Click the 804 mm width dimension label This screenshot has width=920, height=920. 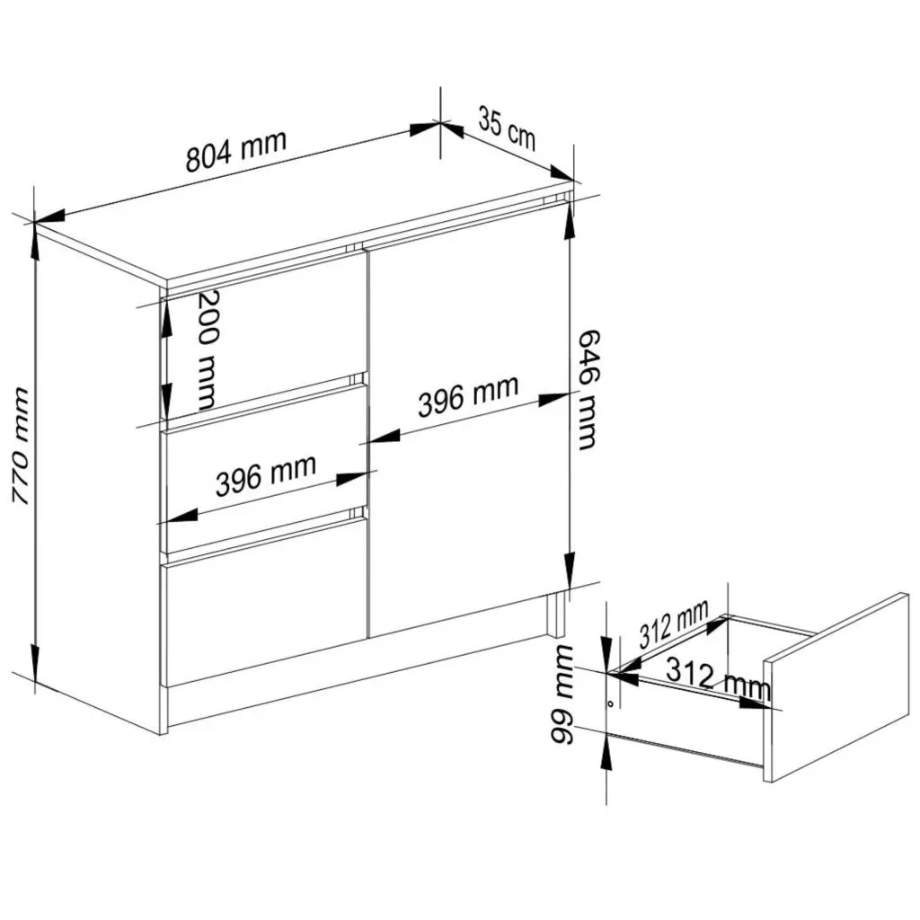(236, 151)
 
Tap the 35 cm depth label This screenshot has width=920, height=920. (507, 128)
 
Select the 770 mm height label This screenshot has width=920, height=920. (22, 446)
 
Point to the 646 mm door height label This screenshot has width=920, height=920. (588, 390)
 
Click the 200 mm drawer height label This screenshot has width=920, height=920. (207, 350)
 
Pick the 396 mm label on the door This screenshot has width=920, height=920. (468, 396)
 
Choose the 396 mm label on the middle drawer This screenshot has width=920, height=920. (266, 475)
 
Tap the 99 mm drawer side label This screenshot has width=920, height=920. (562, 694)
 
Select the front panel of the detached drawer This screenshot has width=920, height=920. (836, 687)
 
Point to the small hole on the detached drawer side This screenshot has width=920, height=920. (610, 703)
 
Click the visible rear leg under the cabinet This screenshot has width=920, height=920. (555, 615)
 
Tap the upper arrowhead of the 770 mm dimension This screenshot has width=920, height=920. (35, 242)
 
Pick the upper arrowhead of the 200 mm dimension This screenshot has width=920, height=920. (166, 320)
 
